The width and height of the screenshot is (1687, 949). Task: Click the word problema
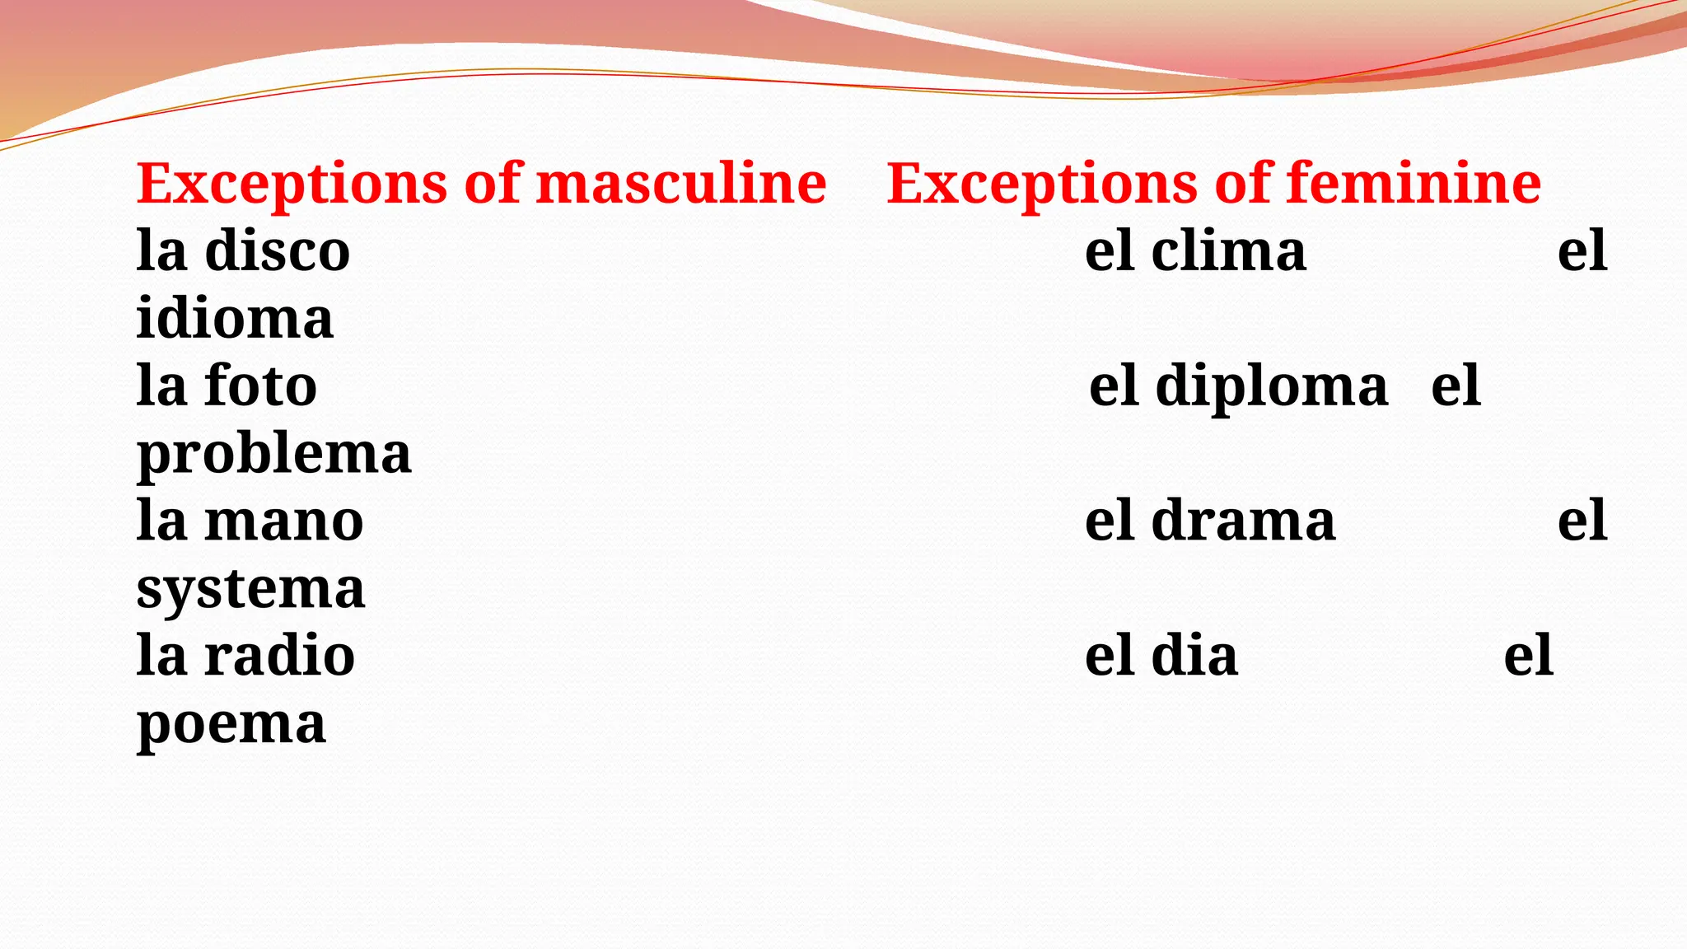[273, 455]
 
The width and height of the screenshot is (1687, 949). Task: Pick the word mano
[284, 521]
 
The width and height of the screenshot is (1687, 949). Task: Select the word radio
[279, 656]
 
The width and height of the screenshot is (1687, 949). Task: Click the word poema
[231, 725]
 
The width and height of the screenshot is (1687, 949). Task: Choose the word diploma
[1272, 386]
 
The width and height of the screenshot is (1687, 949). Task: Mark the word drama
[1243, 521]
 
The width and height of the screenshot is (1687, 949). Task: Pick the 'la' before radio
[161, 656]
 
